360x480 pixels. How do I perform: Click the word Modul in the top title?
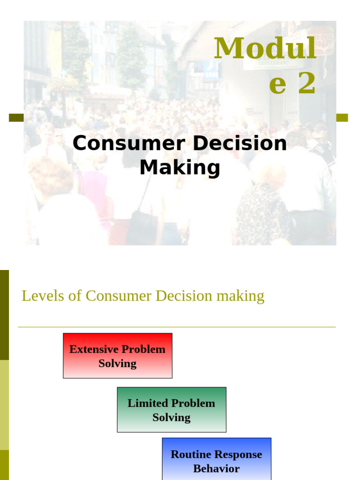coord(265,49)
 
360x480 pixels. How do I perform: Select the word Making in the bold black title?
coord(180,167)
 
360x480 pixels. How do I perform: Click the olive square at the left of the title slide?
coord(16,118)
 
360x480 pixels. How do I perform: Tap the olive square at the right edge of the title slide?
coord(342,118)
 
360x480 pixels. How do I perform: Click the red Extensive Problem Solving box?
coord(118,356)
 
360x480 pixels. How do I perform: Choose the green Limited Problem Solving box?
coord(172,410)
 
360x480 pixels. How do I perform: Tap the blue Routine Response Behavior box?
coord(217,459)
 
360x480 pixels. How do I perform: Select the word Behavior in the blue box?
coord(217,468)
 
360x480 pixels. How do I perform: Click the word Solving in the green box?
coord(172,417)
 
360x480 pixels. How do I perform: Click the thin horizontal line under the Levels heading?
coord(177,327)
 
